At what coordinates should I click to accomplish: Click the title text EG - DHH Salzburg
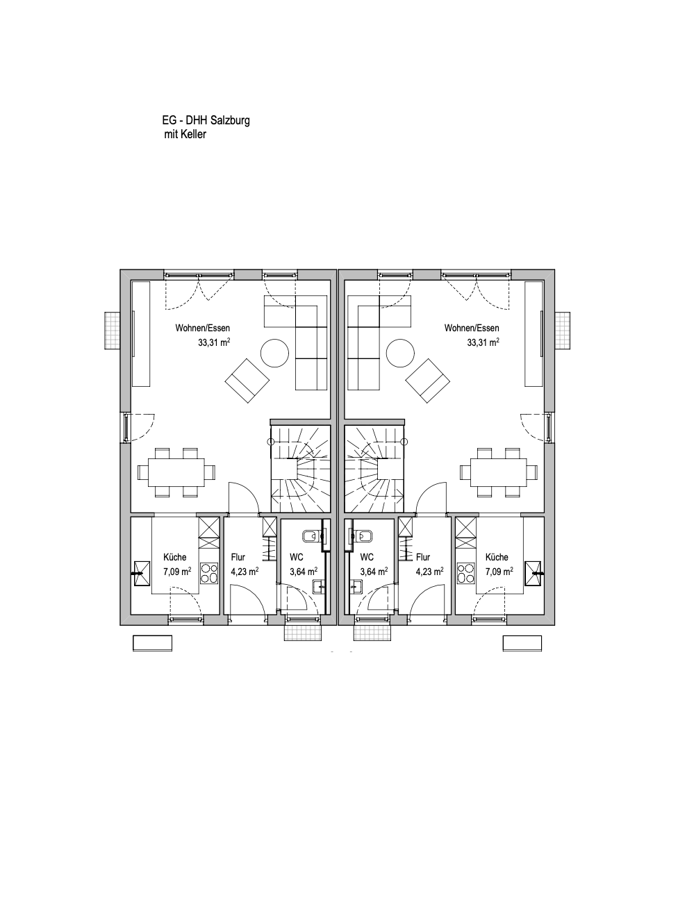tap(206, 120)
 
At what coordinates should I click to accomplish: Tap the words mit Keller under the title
tap(185, 134)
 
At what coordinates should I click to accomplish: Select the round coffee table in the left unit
tap(275, 352)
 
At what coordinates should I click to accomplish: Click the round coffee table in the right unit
tap(400, 352)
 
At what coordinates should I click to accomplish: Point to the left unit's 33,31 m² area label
tap(214, 342)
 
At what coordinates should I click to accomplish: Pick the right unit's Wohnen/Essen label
tap(472, 328)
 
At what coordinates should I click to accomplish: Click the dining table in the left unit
tap(176, 472)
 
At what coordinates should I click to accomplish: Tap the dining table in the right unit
tap(499, 472)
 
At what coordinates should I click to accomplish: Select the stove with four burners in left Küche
tap(209, 573)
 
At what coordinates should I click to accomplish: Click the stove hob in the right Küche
tap(465, 573)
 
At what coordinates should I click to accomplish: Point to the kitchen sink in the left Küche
tap(141, 573)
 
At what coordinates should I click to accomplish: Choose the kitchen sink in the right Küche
tap(534, 573)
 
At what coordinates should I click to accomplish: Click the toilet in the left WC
tap(312, 536)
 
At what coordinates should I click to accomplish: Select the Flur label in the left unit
tap(238, 557)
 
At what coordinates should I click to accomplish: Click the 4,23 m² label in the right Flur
tap(430, 572)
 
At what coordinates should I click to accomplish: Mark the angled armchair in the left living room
tap(247, 381)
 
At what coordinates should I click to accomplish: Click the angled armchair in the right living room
tap(428, 381)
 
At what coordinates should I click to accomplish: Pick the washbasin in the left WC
tap(318, 586)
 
